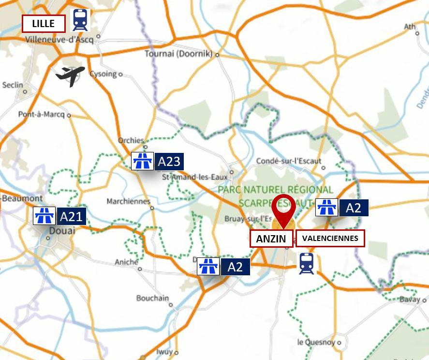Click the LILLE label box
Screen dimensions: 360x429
tap(44, 23)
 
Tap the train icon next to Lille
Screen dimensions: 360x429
tap(80, 20)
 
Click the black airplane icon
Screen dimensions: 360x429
tap(71, 75)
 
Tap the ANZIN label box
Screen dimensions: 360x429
tap(271, 239)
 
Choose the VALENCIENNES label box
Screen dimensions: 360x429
tap(330, 238)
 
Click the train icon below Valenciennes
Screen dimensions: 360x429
tap(306, 264)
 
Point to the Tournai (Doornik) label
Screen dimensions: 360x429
tap(178, 54)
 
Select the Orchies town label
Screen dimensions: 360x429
tap(131, 140)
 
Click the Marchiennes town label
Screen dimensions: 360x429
tap(128, 201)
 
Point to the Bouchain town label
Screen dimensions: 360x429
tap(152, 298)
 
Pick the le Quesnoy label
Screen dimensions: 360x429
tap(316, 342)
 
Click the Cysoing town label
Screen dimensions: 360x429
tap(103, 74)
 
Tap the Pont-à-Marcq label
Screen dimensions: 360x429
tap(42, 115)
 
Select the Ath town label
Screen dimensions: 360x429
tap(410, 27)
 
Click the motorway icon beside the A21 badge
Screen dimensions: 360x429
tap(44, 216)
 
